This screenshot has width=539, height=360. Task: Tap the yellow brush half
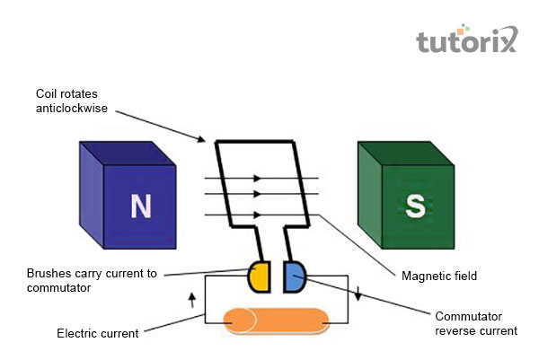point(260,277)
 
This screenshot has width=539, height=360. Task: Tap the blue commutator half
point(294,277)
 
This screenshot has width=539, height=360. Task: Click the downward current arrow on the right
point(358,294)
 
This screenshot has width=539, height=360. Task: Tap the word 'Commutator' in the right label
point(466,316)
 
